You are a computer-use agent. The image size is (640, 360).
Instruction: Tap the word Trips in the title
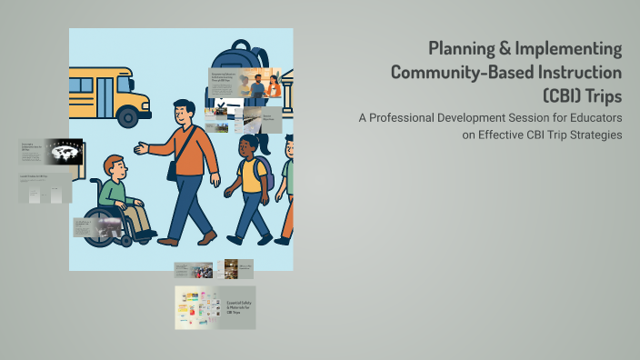click(x=596, y=95)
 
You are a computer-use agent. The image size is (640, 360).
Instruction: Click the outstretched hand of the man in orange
click(x=140, y=147)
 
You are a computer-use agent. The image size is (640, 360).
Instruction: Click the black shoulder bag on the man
click(x=173, y=170)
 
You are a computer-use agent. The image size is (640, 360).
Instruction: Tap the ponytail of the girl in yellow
click(x=265, y=143)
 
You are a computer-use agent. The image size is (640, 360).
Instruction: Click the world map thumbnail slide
click(x=63, y=153)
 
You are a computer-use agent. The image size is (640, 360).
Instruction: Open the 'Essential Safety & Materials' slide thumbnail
click(x=215, y=307)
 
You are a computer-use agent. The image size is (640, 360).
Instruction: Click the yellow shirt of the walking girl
click(x=250, y=176)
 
